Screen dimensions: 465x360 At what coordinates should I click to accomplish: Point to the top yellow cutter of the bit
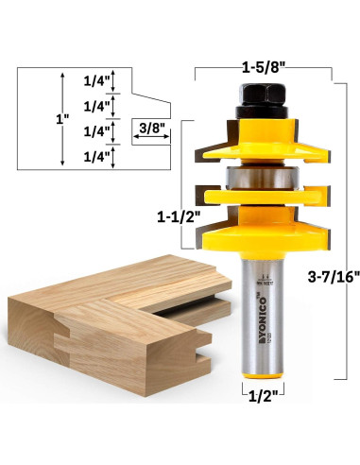260,142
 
